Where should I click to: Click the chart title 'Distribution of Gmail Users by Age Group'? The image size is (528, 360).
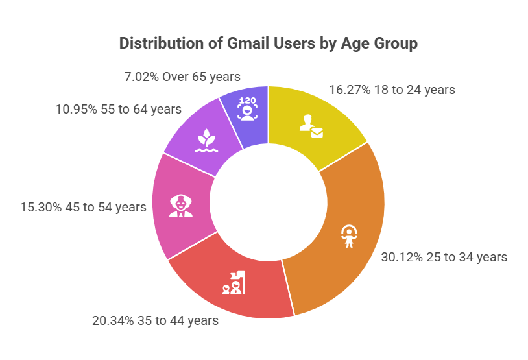coord(269,44)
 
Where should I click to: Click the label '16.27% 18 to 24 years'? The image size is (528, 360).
coord(392,90)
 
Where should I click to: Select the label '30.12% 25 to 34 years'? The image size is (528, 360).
coord(444,257)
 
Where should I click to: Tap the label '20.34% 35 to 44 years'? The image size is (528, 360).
coord(156,320)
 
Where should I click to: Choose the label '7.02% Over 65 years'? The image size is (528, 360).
coord(182,75)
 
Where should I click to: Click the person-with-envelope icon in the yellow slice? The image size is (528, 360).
coord(311,126)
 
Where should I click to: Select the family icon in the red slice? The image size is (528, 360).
coord(234,283)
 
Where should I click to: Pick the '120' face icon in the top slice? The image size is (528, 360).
coord(247,108)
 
